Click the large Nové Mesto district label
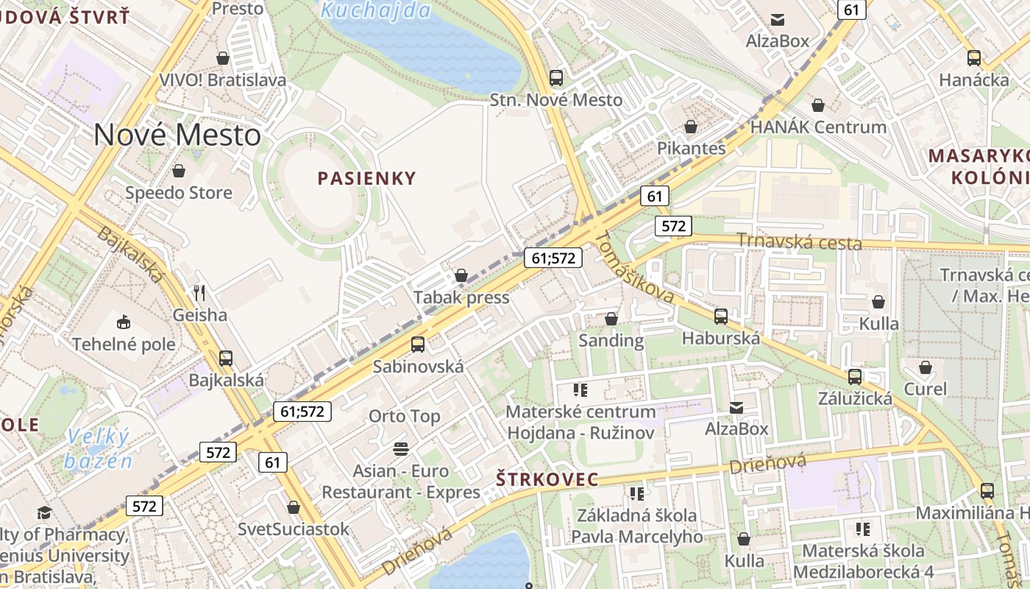point(177,135)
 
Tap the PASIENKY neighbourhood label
point(366,178)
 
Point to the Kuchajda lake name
point(376,10)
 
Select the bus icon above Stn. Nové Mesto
point(556,77)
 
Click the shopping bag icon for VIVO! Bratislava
point(223,57)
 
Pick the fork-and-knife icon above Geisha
point(199,292)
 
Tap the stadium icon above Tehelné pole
point(124,322)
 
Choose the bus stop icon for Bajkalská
point(226,358)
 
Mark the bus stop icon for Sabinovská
point(418,344)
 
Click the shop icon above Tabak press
point(461,275)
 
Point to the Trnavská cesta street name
point(798,241)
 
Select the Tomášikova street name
point(633,267)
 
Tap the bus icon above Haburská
point(721,316)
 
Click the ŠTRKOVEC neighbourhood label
point(547,479)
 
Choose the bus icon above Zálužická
point(855,376)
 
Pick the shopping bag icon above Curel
point(926,367)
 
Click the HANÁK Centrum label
point(818,127)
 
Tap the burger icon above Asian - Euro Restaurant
point(401,448)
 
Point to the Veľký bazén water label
point(98,448)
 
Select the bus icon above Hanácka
point(974,57)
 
